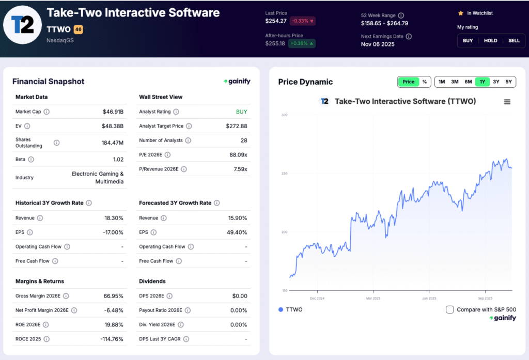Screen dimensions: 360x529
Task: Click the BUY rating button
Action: tap(468, 40)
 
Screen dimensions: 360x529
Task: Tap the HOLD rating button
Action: tap(490, 40)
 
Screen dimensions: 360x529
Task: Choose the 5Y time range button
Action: tap(509, 82)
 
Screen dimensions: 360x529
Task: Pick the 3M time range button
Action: tap(455, 82)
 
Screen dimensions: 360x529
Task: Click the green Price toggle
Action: tap(408, 82)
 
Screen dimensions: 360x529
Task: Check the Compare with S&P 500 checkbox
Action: tap(449, 309)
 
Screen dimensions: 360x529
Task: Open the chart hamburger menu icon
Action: tap(507, 102)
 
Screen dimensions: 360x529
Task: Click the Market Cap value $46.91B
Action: tap(113, 112)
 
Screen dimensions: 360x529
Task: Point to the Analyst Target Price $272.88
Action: tap(237, 126)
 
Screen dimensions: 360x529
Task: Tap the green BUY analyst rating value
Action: tap(241, 112)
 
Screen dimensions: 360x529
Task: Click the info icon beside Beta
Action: tap(32, 160)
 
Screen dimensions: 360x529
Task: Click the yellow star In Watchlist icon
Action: tap(460, 13)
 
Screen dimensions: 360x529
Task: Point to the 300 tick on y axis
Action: tap(284, 115)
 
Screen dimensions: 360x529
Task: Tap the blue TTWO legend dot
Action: tap(281, 309)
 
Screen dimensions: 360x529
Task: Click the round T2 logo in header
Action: tap(22, 24)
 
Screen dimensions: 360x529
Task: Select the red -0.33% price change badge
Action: tap(303, 21)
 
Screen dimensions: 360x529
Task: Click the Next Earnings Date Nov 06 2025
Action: tap(377, 44)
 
